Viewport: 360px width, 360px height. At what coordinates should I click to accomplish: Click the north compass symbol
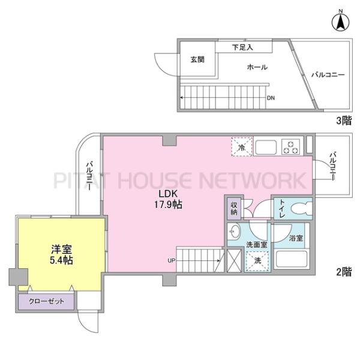pyautogui.click(x=341, y=21)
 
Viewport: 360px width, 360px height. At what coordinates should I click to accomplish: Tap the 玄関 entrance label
pyautogui.click(x=197, y=59)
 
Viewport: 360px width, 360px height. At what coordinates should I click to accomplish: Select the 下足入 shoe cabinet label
pyautogui.click(x=242, y=47)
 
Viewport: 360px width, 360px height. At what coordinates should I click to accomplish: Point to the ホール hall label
pyautogui.click(x=257, y=67)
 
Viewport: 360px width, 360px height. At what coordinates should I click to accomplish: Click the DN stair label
pyautogui.click(x=271, y=98)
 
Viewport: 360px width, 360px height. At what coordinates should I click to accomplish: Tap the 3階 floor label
pyautogui.click(x=344, y=121)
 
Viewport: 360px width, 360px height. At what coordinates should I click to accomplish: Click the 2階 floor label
pyautogui.click(x=344, y=272)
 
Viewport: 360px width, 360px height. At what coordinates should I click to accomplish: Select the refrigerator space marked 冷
pyautogui.click(x=242, y=147)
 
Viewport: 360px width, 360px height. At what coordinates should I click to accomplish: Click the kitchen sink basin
pyautogui.click(x=266, y=148)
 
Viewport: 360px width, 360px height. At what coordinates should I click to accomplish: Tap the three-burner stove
pyautogui.click(x=291, y=147)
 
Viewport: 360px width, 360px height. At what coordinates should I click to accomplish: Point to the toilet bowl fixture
pyautogui.click(x=301, y=209)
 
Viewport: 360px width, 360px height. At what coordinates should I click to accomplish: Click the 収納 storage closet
pyautogui.click(x=234, y=208)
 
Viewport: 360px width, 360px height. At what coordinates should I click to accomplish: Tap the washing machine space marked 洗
pyautogui.click(x=257, y=261)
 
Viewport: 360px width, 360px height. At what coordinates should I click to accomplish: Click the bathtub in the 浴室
pyautogui.click(x=292, y=260)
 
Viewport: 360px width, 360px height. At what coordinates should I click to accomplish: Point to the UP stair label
pyautogui.click(x=172, y=260)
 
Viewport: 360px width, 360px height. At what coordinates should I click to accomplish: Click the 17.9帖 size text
pyautogui.click(x=168, y=205)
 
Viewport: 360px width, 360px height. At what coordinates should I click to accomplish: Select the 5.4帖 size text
pyautogui.click(x=62, y=260)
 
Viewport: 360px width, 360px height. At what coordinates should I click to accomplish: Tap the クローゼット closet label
pyautogui.click(x=46, y=301)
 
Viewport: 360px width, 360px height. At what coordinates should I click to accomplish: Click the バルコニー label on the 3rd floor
pyautogui.click(x=328, y=74)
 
